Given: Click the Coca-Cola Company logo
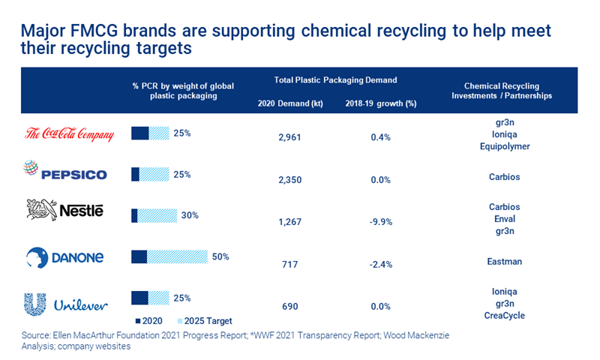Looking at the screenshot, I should coord(70,134).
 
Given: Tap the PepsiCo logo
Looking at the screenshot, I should coord(65,173).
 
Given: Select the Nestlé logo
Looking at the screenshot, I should coord(64,211).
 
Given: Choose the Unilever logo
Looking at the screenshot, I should coord(66,304).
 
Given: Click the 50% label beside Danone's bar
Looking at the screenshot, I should coord(220,256).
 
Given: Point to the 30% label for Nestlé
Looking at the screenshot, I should coord(190,214).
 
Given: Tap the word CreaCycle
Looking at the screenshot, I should coord(503,316).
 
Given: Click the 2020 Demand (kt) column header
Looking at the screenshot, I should coord(290,103).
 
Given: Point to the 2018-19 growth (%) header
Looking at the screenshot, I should coord(380,103).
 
